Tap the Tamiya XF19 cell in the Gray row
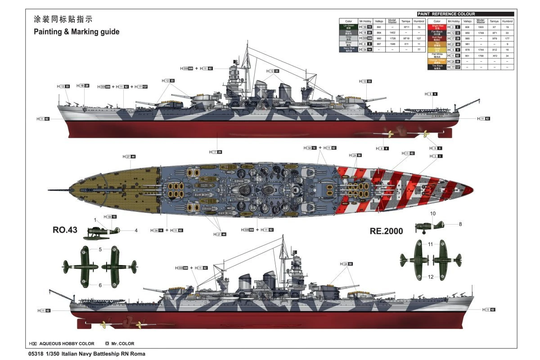[x=406, y=38]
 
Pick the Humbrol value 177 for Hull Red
[x=507, y=38]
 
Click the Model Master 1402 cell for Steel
[x=392, y=33]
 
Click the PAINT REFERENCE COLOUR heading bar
[x=465, y=14]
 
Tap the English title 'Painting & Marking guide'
[x=76, y=32]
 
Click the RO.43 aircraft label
[x=65, y=229]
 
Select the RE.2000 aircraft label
[x=386, y=231]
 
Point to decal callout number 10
[x=433, y=213]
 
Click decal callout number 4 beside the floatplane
[x=136, y=230]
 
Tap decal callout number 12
[x=431, y=277]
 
